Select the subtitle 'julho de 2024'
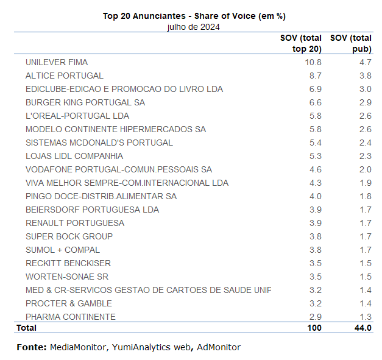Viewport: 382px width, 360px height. point(193,27)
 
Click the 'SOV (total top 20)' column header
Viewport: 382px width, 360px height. point(301,43)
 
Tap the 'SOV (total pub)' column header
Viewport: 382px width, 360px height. point(351,43)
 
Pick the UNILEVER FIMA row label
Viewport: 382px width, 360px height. point(57,62)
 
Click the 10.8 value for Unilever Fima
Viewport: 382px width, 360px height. point(313,62)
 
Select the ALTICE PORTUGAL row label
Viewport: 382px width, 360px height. point(65,76)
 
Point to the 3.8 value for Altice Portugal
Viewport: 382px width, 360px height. point(365,76)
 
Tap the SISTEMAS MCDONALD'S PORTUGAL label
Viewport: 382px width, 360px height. point(99,143)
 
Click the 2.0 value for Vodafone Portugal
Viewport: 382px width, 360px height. point(365,169)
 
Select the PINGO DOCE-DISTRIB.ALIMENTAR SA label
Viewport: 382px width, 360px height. point(101,196)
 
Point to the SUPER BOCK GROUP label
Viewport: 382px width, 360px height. point(69,236)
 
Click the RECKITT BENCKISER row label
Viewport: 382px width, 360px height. point(69,263)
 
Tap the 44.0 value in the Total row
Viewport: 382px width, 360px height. point(363,328)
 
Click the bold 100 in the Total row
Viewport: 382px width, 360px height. point(313,328)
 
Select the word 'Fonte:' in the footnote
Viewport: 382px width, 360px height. point(31,347)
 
